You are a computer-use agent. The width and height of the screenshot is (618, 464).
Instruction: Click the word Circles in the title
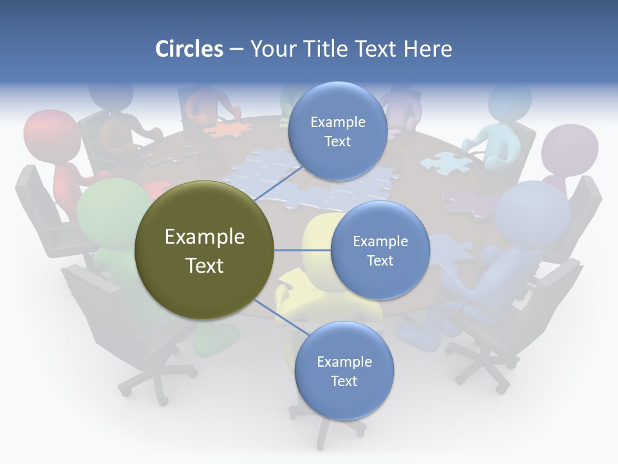pyautogui.click(x=189, y=49)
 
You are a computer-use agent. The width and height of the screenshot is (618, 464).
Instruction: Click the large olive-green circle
pyautogui.click(x=204, y=250)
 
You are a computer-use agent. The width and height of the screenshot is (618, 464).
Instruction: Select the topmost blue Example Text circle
pyautogui.click(x=337, y=131)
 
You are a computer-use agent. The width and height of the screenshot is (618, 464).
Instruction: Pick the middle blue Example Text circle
pyautogui.click(x=380, y=250)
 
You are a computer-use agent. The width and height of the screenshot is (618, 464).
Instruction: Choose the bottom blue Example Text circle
pyautogui.click(x=344, y=371)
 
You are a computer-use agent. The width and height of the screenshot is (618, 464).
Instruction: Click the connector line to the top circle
pyautogui.click(x=278, y=184)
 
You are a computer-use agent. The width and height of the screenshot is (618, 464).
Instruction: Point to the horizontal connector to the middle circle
pyautogui.click(x=302, y=250)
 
